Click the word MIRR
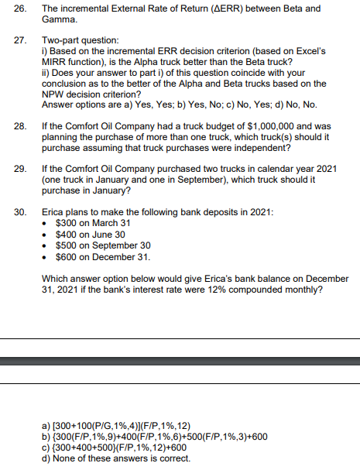(x=55, y=60)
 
